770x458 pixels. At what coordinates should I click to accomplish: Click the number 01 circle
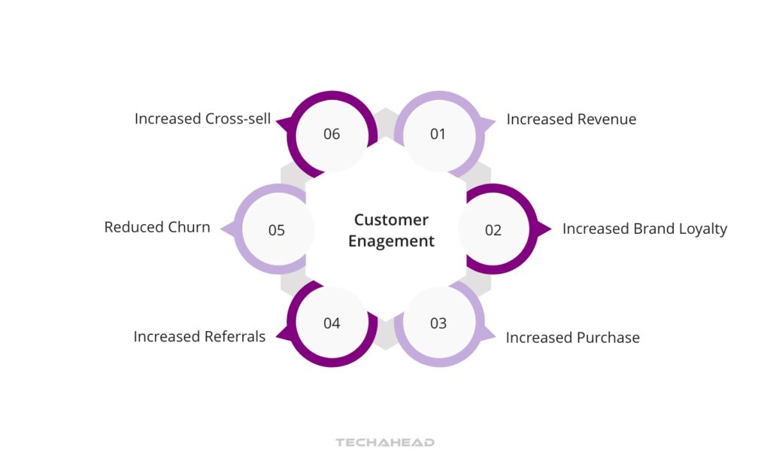pos(438,135)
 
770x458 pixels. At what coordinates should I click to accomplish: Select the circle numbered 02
pos(493,230)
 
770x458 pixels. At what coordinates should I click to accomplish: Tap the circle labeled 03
pos(438,323)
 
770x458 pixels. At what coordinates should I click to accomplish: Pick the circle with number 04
pos(332,323)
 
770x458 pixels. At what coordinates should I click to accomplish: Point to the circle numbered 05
pos(277,230)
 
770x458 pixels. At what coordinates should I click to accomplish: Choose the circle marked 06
pos(332,135)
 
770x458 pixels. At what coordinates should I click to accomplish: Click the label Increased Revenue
pos(571,120)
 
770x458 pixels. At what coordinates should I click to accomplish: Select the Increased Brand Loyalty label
pos(644,229)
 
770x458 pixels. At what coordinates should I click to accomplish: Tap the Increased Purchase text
pos(572,338)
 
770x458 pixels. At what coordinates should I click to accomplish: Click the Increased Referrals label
pos(199,337)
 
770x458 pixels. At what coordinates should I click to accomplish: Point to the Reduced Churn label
pos(157,227)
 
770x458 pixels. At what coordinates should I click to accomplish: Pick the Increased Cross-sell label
pos(202,119)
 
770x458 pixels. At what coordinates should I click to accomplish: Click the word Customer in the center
pos(391,220)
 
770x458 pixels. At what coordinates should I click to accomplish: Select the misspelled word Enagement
pos(391,241)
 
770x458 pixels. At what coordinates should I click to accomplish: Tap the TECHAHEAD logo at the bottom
pos(385,442)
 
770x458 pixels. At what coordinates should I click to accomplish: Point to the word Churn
pos(189,227)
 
